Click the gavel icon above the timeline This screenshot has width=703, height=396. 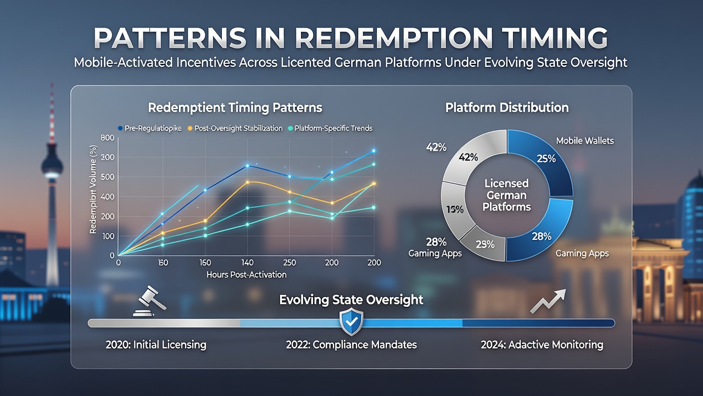pos(149,301)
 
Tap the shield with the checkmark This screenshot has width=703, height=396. pos(351,322)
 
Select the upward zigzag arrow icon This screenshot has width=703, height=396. pos(548,301)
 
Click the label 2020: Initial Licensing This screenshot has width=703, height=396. pos(156,345)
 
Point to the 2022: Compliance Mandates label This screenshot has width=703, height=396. pos(351,345)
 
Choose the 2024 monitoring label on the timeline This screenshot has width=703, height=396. pos(542,345)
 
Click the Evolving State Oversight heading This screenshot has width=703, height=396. pos(351,300)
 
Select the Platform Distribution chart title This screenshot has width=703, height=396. pos(507,108)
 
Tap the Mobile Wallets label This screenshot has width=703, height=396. pos(585,140)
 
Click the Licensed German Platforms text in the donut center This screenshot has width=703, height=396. pos(506,195)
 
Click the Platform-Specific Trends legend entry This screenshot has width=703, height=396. pos(330,128)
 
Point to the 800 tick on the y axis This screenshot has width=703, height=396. pos(107,137)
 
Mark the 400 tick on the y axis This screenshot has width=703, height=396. pos(107,197)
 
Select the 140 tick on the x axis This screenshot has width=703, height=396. pos(247,262)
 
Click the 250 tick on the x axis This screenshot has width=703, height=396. pos(289,262)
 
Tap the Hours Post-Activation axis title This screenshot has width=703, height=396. pos(247,274)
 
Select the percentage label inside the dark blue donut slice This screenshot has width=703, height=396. pos(546,159)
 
